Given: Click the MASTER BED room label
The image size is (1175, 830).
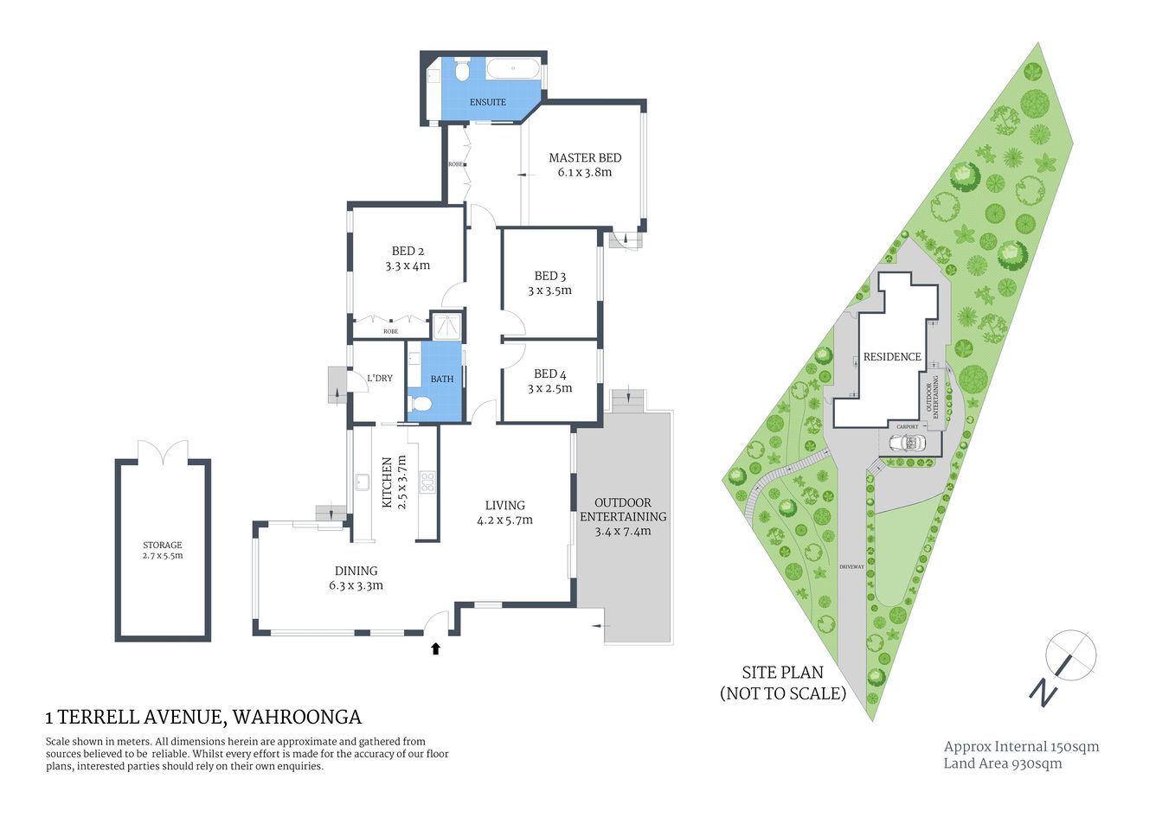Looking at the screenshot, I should (585, 158).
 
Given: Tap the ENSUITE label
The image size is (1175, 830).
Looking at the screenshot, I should (487, 102).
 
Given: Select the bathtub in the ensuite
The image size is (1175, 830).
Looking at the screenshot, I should (513, 69).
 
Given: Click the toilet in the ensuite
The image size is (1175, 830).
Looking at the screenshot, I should (461, 70).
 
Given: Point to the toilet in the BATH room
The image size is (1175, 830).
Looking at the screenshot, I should (421, 403).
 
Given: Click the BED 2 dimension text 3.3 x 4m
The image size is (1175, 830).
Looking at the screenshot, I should (408, 266).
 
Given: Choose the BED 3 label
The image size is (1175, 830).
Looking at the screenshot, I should (550, 277).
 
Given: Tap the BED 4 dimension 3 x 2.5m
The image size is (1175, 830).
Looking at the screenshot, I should (550, 389).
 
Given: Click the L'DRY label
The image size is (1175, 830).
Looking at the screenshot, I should (379, 379).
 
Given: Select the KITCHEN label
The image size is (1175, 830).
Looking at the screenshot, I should (387, 482).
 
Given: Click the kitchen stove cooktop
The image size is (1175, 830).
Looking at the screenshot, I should (427, 482).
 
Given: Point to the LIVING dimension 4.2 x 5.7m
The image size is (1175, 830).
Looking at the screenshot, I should (504, 520).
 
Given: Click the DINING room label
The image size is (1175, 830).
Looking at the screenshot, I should (356, 571).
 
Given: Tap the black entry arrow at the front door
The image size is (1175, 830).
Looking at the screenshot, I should (435, 648).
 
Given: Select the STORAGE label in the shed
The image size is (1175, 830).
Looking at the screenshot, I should (163, 545).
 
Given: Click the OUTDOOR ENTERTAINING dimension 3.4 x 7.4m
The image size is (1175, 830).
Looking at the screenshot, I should (623, 532).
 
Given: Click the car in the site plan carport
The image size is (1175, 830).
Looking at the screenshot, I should (909, 443).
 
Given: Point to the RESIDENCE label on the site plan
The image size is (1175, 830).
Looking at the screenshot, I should (892, 357).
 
